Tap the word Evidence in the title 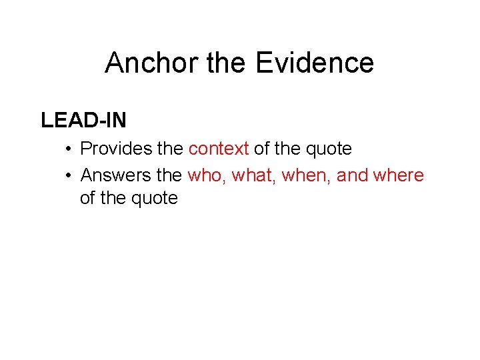pos(314,63)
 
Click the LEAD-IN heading pos(83,120)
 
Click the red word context pos(219,149)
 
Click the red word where pos(399,175)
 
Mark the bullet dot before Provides pos(69,149)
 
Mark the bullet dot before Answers pos(69,176)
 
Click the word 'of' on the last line pos(89,198)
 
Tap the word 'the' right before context pos(170,149)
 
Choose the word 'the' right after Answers pos(169,175)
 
